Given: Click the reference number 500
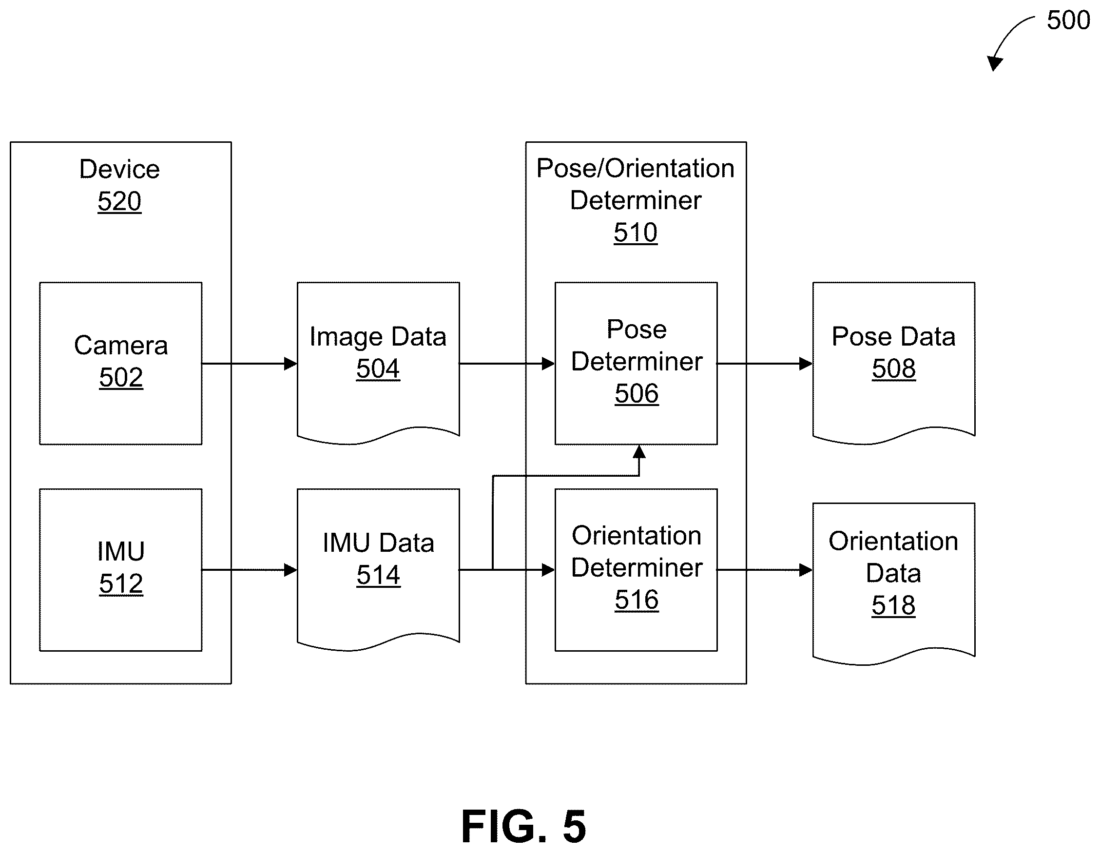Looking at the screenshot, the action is coord(1068,20).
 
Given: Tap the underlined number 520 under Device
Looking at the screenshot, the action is coord(119,201).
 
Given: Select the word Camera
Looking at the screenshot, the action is coord(121,345).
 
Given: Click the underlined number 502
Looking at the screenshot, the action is coord(121,377).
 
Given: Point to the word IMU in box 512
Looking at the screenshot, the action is coord(121,551).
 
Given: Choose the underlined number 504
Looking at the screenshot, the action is coord(378,368).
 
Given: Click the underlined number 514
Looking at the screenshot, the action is coord(378,575).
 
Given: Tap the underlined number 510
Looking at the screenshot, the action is coord(636,233).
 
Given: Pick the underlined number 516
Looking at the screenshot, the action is coord(637,600).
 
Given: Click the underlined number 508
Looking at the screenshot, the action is coord(894,368).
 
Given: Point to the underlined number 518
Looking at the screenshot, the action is coord(893,605).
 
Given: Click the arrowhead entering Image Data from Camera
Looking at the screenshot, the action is coord(290,363).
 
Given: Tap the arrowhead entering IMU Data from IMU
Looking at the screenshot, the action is coord(290,570).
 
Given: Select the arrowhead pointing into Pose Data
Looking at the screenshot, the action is coord(806,363).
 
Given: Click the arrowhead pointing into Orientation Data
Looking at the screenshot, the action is coord(806,570).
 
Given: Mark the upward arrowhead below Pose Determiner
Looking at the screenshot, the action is coord(639,451).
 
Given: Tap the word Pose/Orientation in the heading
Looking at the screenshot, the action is coord(636,168).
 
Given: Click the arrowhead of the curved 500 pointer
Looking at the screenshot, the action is coord(994,63).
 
